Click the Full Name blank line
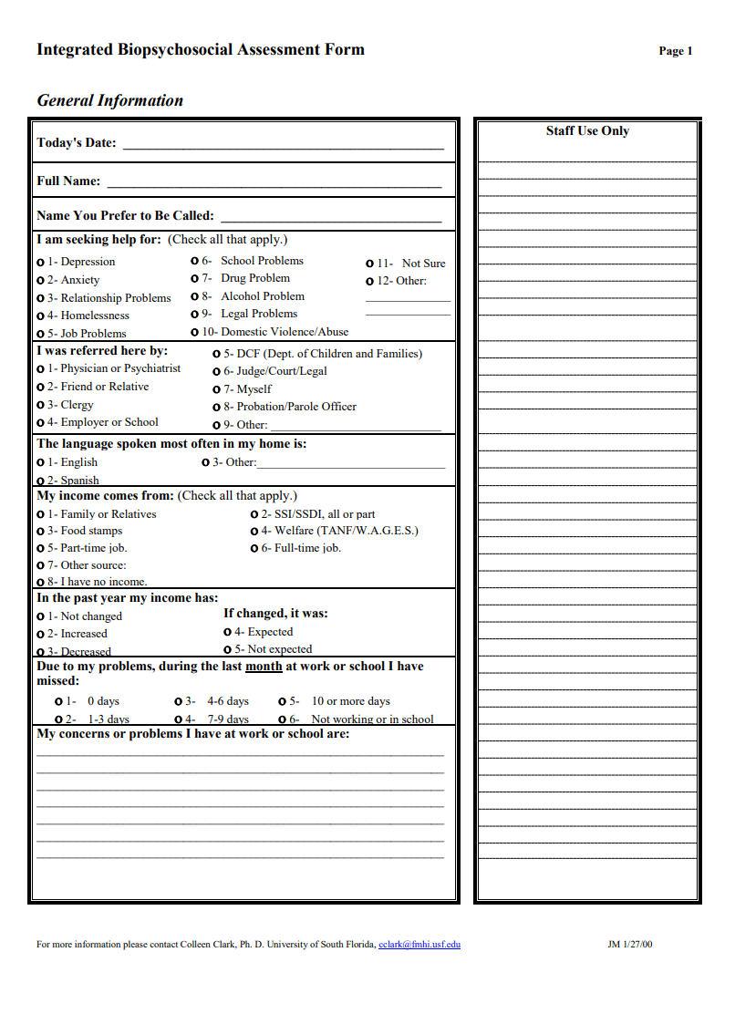tap(274, 185)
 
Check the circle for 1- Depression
tap(41, 263)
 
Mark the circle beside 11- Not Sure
tap(370, 264)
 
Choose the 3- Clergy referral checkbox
tap(41, 405)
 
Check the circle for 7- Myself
tap(217, 389)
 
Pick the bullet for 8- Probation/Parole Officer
tap(217, 408)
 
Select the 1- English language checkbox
tap(41, 462)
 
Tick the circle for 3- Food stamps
tap(41, 531)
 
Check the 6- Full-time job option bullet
tap(254, 549)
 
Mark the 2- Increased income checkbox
tap(41, 634)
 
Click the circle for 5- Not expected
tap(228, 649)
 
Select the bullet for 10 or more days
tap(283, 702)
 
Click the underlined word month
tap(264, 667)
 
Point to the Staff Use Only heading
tap(587, 131)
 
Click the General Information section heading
tap(109, 101)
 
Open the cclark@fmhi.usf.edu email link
tap(419, 945)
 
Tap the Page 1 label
tap(676, 52)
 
